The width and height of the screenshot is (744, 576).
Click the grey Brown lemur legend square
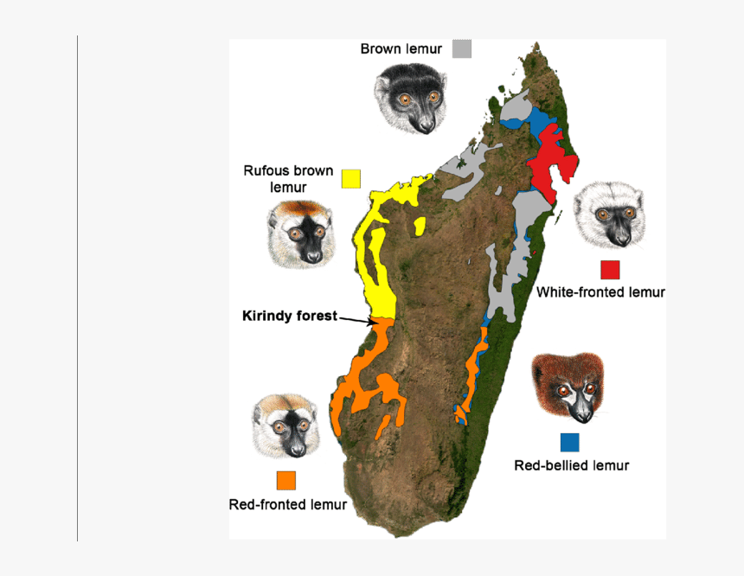pyautogui.click(x=462, y=49)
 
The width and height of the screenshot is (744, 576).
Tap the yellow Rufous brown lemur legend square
pyautogui.click(x=350, y=178)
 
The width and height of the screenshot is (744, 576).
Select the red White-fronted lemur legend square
pyautogui.click(x=610, y=269)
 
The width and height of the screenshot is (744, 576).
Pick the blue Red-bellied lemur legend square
pyautogui.click(x=569, y=442)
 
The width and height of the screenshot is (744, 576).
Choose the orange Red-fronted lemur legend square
pyautogui.click(x=285, y=480)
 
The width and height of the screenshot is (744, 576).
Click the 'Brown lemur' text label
pyautogui.click(x=401, y=49)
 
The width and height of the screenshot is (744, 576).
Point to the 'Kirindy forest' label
pyautogui.click(x=289, y=317)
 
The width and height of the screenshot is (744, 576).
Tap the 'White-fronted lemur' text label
pyautogui.click(x=600, y=292)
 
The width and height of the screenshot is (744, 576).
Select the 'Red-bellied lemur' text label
pyautogui.click(x=571, y=465)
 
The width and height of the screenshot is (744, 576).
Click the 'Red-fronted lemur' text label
pyautogui.click(x=287, y=504)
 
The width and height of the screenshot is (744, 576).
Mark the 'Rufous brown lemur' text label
pyautogui.click(x=288, y=178)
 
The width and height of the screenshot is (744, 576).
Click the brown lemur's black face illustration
pyautogui.click(x=411, y=98)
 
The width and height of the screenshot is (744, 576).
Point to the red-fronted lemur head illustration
pyautogui.click(x=286, y=426)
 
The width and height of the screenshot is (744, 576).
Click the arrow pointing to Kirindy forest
pyautogui.click(x=356, y=319)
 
